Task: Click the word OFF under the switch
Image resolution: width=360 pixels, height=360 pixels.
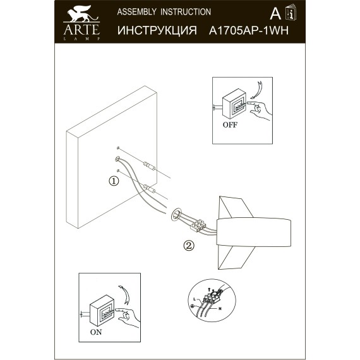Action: (230, 124)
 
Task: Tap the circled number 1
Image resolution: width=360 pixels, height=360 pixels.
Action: (113, 181)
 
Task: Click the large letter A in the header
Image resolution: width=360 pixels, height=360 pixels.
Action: (274, 14)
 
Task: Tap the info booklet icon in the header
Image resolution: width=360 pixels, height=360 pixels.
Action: (291, 14)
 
